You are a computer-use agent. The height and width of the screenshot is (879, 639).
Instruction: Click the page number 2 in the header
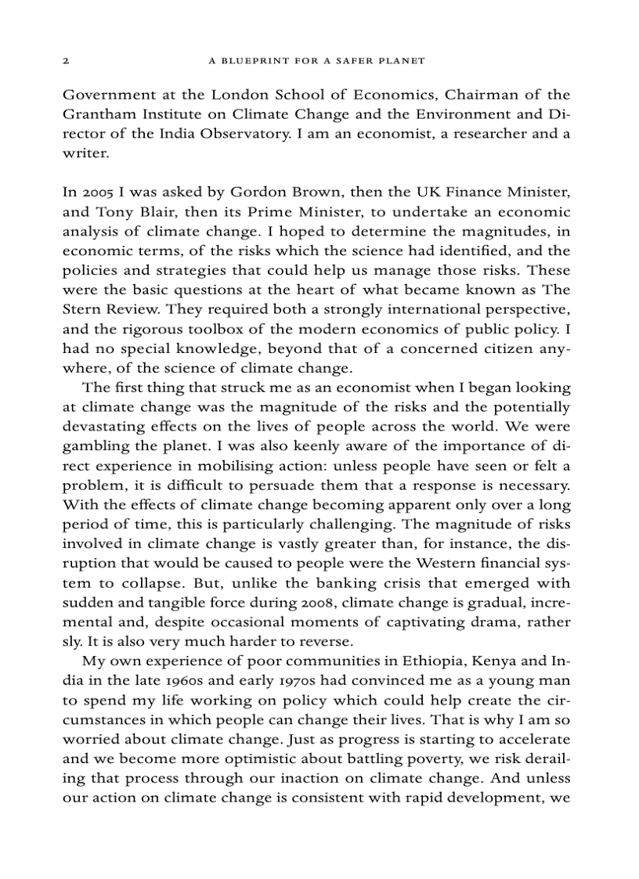(66, 60)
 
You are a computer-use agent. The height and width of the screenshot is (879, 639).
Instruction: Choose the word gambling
(96, 446)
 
